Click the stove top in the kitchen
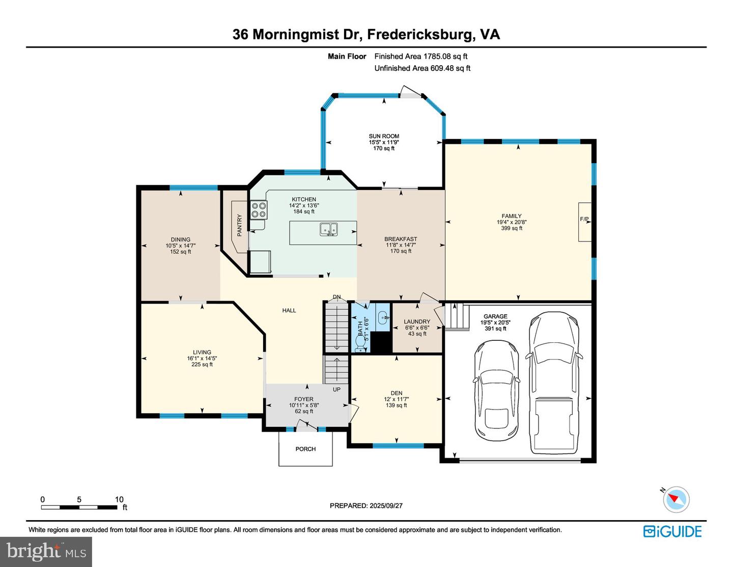pos(259,209)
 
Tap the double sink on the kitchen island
pos(328,229)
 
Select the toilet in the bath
pos(360,344)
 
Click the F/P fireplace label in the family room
pos(584,219)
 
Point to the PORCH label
pos(305,449)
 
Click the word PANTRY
pos(239,225)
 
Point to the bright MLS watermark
pos(46,552)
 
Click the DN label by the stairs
pos(336,297)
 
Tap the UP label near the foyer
pos(336,389)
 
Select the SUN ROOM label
pos(384,137)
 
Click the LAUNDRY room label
pos(417,321)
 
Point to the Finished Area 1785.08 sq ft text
pos(421,57)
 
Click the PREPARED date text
pos(366,505)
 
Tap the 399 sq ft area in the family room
pos(512,228)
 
